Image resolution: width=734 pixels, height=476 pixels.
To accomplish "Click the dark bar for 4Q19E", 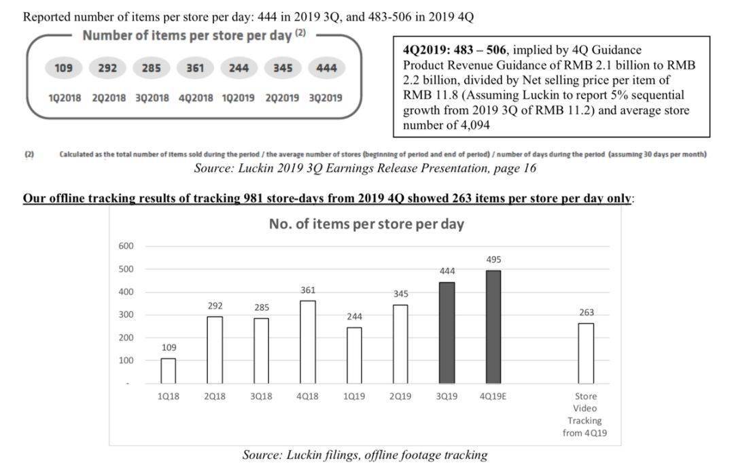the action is point(493,327).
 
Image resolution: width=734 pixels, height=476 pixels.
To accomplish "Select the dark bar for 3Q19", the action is point(447,333).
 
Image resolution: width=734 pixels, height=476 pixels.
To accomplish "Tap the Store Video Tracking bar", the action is point(586,353).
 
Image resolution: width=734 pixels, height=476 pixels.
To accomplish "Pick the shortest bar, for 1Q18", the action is point(169,371).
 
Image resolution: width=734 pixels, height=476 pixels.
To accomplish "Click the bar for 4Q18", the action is point(308,342).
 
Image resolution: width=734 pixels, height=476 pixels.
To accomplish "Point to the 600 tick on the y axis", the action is point(126,246).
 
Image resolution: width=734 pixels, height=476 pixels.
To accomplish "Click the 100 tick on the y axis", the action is point(126,360).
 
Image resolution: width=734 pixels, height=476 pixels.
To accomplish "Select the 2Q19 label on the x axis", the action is point(400,396).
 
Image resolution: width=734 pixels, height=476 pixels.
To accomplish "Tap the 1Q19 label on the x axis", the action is point(354,396).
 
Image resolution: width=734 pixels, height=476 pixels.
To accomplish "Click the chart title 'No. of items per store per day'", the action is point(366,224).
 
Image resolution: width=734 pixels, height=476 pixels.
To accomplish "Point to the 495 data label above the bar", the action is point(493,260).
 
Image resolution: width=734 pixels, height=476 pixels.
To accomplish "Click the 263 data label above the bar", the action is point(587,313).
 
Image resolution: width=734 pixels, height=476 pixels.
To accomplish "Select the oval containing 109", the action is point(64,69).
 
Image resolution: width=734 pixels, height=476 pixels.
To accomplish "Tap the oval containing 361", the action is point(195,69).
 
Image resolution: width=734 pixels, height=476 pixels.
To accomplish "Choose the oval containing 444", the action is point(326,69).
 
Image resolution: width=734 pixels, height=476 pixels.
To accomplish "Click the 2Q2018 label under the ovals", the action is point(109,98).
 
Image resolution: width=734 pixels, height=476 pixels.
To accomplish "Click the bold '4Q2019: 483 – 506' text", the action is point(454,50).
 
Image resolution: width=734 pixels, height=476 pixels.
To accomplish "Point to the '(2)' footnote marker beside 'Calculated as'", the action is point(29,154).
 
